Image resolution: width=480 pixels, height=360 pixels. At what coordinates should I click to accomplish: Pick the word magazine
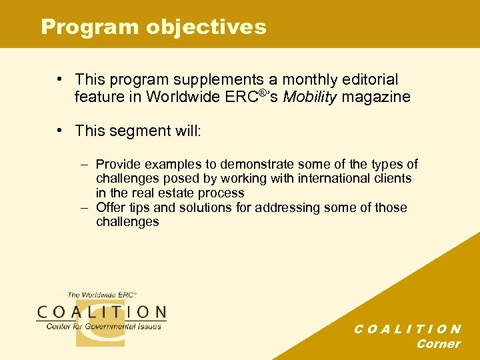coord(377,97)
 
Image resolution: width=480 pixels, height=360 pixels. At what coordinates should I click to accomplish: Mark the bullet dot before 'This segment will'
coord(61,130)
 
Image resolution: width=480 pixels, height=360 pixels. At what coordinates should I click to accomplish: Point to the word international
coord(315,178)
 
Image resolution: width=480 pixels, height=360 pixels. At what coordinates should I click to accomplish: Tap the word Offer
coord(111,207)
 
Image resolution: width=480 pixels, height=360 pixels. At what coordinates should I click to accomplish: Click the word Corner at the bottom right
coord(438,344)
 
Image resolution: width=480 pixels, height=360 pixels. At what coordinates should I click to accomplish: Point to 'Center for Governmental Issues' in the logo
coord(103,326)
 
